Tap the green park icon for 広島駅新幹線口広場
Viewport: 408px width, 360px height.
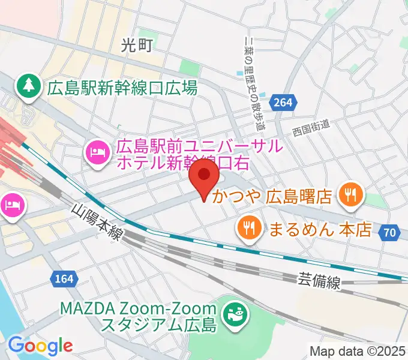[x=28, y=87]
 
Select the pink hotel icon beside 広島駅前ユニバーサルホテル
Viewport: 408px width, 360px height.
[x=98, y=151]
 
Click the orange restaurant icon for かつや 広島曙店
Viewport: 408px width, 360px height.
[x=347, y=194]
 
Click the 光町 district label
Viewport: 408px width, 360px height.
[x=137, y=44]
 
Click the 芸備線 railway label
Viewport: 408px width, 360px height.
[x=319, y=280]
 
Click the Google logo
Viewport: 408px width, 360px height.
[x=40, y=346]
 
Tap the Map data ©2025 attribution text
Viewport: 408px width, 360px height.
[x=358, y=351]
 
